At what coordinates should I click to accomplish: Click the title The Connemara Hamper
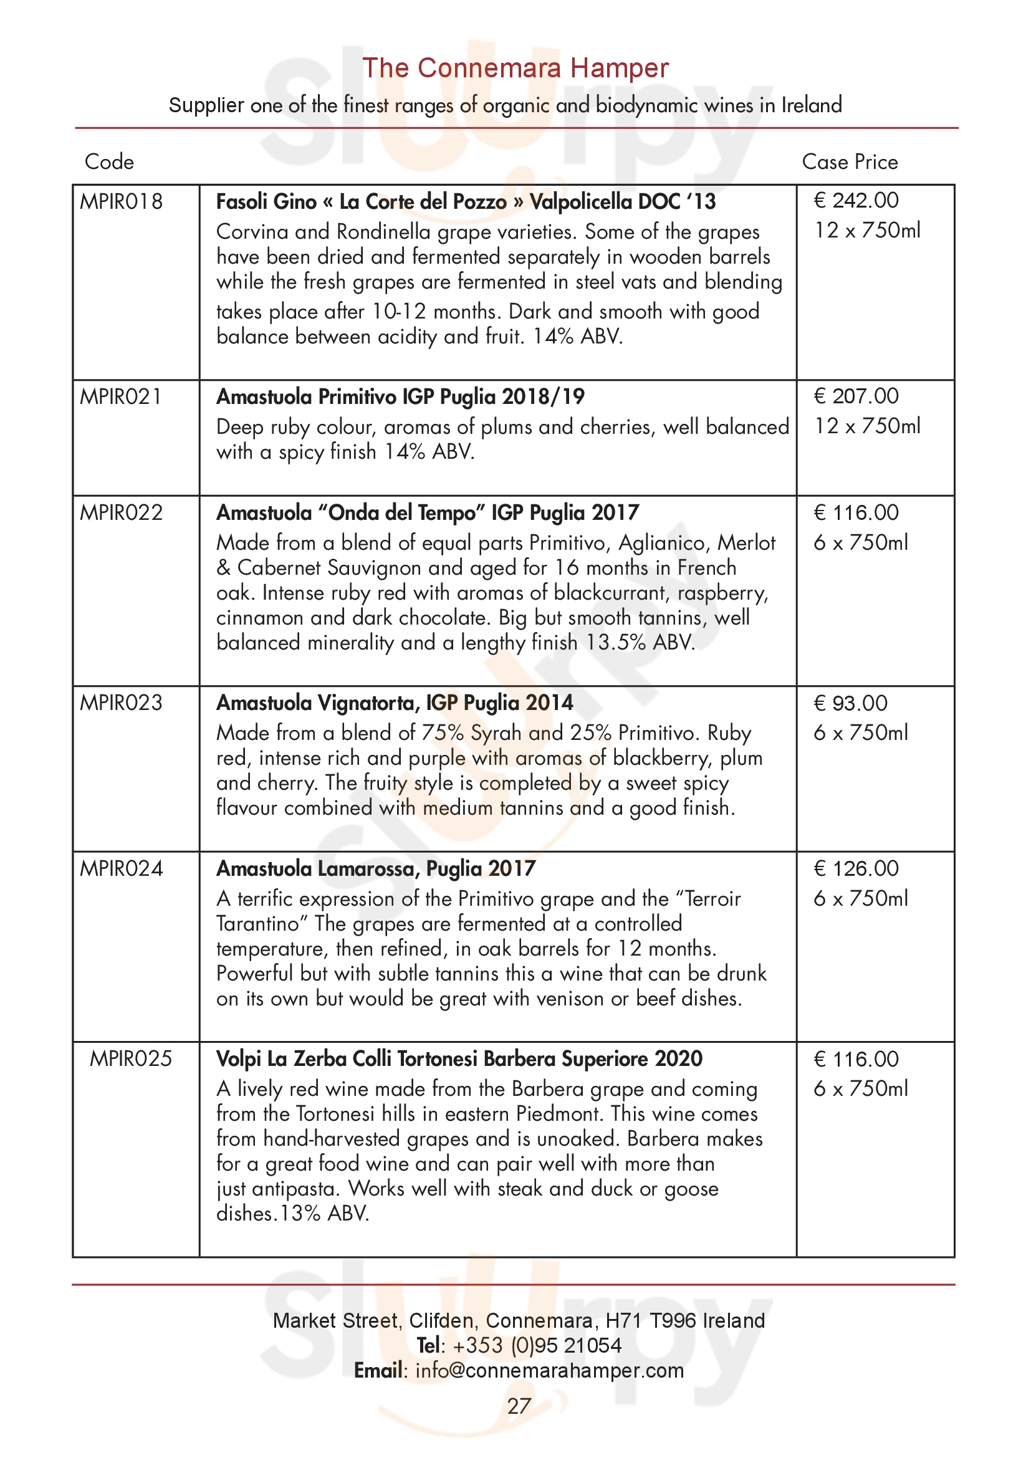tap(515, 68)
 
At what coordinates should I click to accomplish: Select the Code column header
tap(109, 162)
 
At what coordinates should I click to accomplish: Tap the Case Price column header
tap(850, 162)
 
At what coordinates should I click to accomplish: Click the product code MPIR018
tap(122, 202)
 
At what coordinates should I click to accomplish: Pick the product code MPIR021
tap(122, 397)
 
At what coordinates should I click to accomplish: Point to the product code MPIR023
tap(122, 703)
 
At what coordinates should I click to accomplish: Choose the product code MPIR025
tap(131, 1058)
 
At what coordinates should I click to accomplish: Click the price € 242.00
tap(856, 201)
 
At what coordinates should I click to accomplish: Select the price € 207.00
tap(856, 396)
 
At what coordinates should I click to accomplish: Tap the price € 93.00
tap(850, 703)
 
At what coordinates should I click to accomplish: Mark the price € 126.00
tap(856, 868)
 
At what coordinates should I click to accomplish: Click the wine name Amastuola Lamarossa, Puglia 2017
tap(376, 869)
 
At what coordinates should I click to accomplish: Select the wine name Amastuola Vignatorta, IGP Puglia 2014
tap(394, 703)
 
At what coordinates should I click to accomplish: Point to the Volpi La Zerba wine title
tap(459, 1059)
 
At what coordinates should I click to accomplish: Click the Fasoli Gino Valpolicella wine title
tap(466, 202)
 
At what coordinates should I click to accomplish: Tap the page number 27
tap(519, 1406)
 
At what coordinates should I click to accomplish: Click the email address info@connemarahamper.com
tap(549, 1370)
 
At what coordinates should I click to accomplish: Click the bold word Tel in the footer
tap(429, 1345)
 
